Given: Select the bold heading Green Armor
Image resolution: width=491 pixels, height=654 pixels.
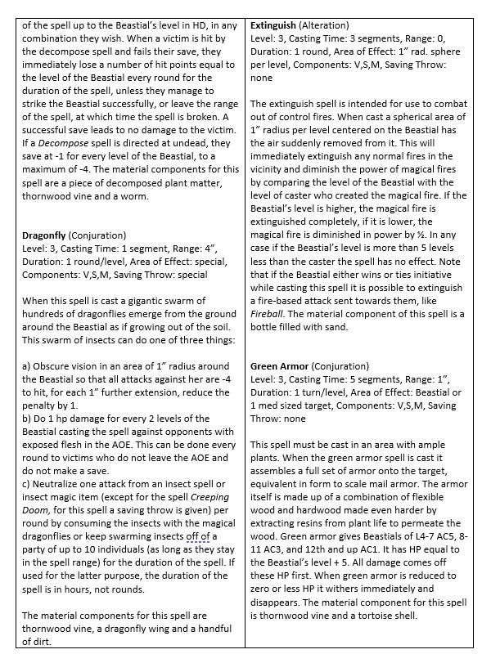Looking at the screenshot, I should click(x=282, y=367).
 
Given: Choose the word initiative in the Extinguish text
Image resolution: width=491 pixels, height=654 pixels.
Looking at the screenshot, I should click(x=434, y=274).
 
